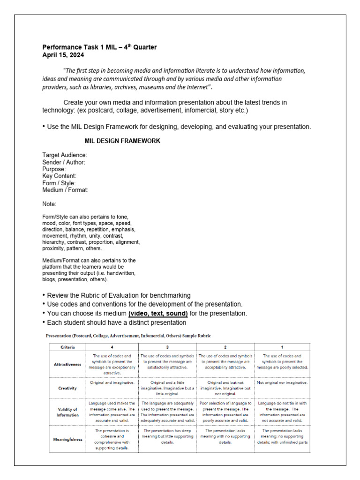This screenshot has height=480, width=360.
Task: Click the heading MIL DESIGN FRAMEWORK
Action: pyautogui.click(x=122, y=141)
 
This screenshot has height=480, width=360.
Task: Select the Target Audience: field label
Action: pyautogui.click(x=65, y=155)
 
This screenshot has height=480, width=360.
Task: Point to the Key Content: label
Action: pyautogui.click(x=59, y=176)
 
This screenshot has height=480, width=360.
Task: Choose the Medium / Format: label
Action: pyautogui.click(x=65, y=190)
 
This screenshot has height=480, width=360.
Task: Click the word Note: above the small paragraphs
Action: pyautogui.click(x=49, y=204)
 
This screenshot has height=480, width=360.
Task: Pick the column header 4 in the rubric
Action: pyautogui.click(x=112, y=347)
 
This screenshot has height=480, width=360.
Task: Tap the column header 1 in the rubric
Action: pyautogui.click(x=282, y=347)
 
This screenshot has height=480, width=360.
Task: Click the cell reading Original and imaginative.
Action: pyautogui.click(x=112, y=382)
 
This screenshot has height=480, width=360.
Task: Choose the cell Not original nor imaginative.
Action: pyautogui.click(x=282, y=382)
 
